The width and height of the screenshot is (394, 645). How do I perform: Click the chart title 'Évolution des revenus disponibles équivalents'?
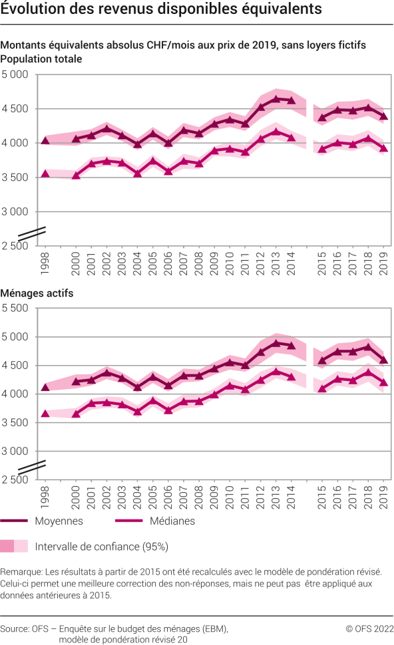162,9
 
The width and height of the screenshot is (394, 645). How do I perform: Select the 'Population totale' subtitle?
41,59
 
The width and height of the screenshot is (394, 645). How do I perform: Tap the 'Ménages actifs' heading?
37,293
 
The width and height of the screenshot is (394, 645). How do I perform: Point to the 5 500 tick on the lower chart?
15,308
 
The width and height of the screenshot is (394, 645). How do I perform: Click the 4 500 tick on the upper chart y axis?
15,108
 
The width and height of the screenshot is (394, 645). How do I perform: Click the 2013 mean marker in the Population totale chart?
276,99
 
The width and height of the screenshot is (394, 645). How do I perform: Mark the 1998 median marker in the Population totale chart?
45,174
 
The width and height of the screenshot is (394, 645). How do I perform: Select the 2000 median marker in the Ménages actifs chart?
76,414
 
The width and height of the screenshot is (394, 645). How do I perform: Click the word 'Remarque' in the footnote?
21,572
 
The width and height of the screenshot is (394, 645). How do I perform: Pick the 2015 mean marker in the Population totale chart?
322,118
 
